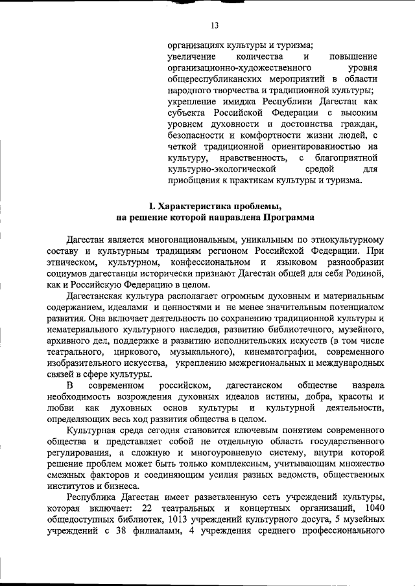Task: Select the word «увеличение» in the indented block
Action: click(189, 56)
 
